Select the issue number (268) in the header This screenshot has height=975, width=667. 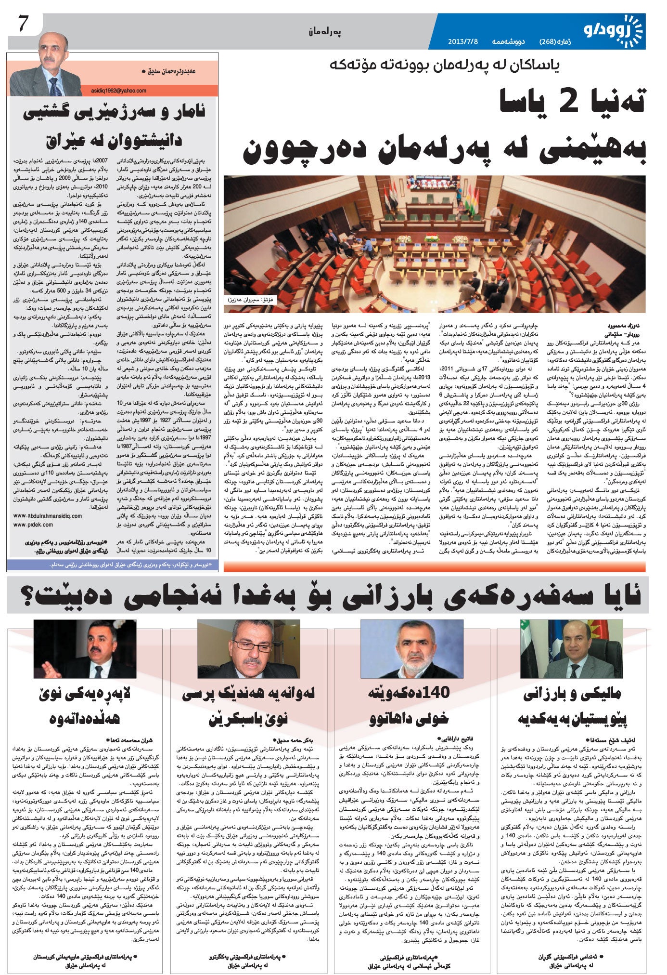pos(549,41)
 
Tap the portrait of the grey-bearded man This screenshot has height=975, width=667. pos(412,649)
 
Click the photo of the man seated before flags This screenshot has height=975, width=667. pos(571,649)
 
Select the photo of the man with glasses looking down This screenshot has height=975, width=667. pos(249,649)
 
